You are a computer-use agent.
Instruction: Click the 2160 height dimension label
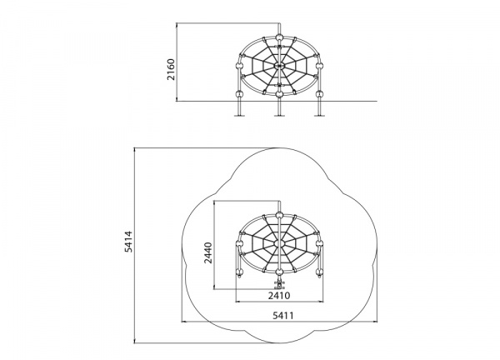171,69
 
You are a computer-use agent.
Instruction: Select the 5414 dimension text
128,242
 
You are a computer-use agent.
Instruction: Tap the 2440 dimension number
208,252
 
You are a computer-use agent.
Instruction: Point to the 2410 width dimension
279,296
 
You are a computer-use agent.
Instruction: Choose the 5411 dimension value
283,316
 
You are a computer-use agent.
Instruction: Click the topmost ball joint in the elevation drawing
279,38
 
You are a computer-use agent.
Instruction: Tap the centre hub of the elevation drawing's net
279,66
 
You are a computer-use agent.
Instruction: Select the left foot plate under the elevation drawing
239,115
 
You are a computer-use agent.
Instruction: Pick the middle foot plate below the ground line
279,115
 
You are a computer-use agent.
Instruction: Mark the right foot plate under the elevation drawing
319,115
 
